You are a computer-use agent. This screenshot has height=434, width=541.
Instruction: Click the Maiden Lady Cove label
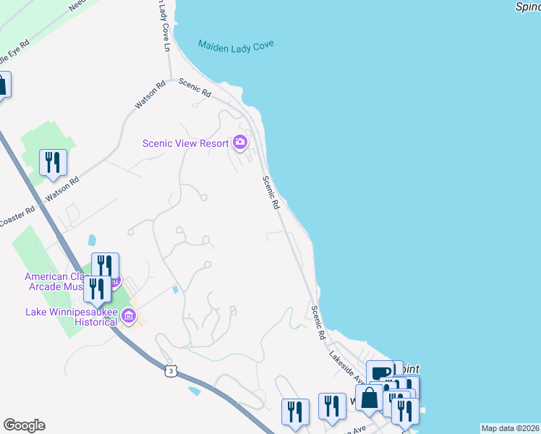(237, 47)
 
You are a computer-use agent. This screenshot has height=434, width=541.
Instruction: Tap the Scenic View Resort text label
(185, 143)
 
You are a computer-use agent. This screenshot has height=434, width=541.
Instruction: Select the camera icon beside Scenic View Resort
(240, 142)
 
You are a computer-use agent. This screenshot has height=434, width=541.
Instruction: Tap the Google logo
(24, 425)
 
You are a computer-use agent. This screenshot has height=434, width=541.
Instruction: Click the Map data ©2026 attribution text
(510, 428)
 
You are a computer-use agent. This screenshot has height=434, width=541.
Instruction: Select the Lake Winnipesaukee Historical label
(71, 317)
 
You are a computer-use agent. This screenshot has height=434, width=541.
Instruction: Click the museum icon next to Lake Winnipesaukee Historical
(129, 315)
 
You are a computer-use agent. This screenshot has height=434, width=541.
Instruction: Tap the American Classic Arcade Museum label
(58, 281)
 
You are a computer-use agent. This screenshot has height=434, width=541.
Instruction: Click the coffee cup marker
(380, 373)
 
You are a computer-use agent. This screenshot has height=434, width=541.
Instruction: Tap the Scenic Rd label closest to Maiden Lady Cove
(195, 88)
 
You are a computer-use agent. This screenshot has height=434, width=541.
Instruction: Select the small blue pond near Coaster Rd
(90, 239)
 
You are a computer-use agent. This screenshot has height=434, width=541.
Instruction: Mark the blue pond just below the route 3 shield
(193, 391)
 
